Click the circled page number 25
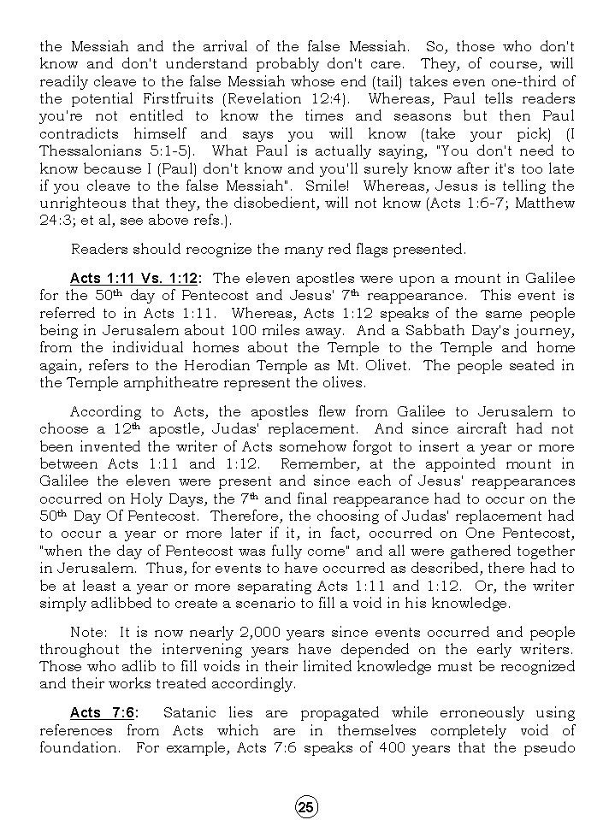(x=306, y=806)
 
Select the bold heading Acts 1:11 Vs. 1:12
(x=134, y=279)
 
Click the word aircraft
(x=470, y=429)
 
